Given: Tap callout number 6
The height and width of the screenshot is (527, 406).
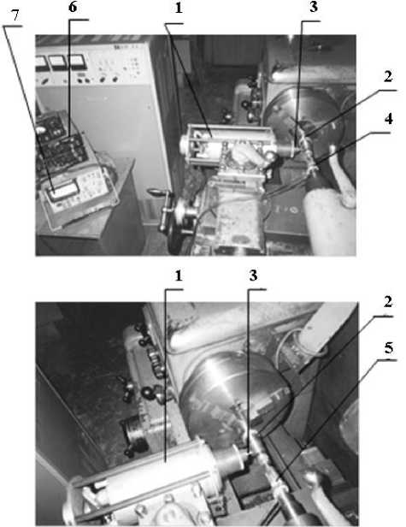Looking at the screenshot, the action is (73, 7).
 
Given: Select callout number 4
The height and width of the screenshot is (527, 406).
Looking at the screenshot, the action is (388, 119).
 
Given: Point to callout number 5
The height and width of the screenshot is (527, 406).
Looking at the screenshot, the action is (389, 348).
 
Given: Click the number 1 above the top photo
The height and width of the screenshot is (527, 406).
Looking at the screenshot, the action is (179, 8).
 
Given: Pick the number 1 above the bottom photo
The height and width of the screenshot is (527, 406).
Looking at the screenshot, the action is (179, 275).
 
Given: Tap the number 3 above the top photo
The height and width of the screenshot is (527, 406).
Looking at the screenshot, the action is (314, 7).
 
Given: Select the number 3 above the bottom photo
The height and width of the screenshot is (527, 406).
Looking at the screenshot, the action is (253, 275).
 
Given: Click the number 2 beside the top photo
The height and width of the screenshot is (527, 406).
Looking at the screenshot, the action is (388, 77).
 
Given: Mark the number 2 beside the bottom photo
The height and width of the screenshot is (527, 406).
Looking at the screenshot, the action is (388, 302).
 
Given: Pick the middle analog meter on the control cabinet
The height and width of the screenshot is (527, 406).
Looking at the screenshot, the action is (58, 62).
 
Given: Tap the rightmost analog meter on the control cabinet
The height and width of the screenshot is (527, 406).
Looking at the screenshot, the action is (77, 62).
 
